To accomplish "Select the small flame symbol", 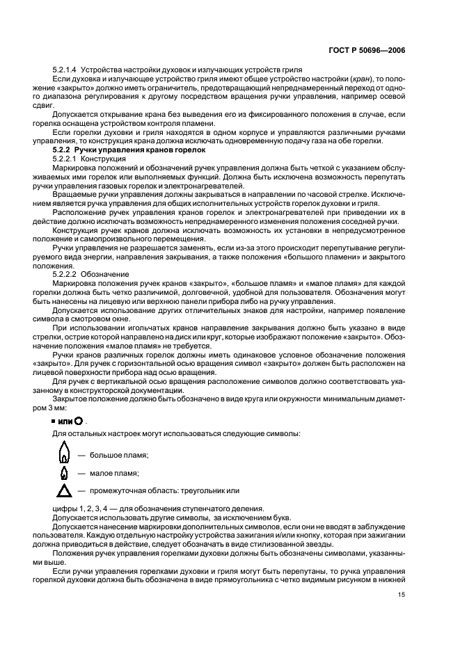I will point(64,473).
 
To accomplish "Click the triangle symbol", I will point(64,492).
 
